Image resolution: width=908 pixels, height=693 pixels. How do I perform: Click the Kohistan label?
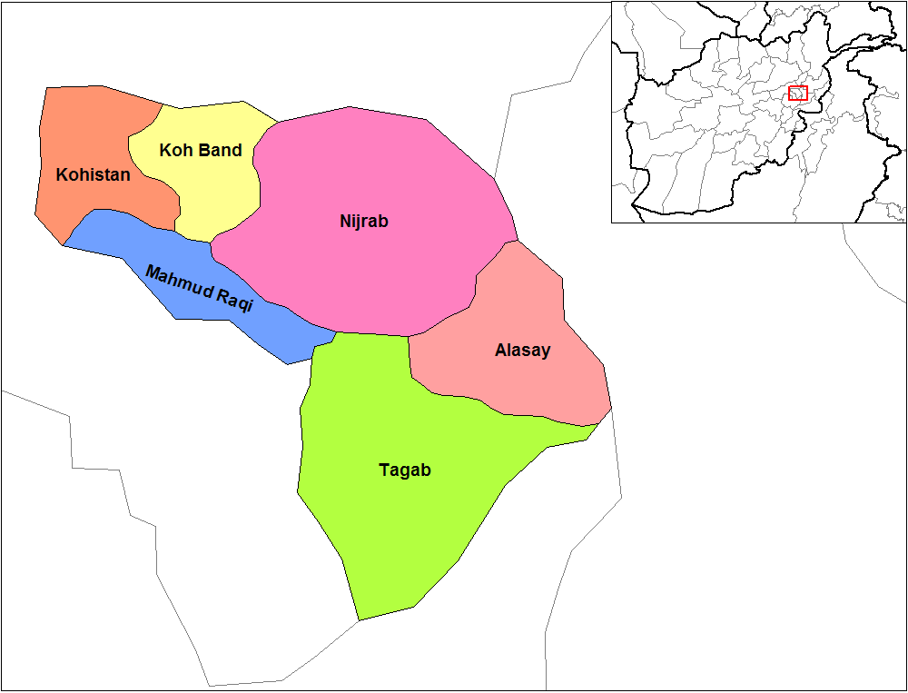[x=93, y=174]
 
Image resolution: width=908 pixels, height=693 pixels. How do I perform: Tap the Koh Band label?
[x=201, y=150]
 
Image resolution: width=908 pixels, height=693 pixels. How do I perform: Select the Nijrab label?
[x=363, y=221]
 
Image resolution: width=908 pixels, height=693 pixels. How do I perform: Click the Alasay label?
[x=522, y=350]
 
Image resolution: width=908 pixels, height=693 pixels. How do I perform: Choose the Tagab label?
[x=404, y=470]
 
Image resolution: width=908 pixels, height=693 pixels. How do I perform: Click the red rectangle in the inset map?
[x=797, y=93]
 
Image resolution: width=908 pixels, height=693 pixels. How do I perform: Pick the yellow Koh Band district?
[x=218, y=195]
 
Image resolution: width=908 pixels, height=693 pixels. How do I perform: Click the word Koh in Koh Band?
[x=173, y=150]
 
